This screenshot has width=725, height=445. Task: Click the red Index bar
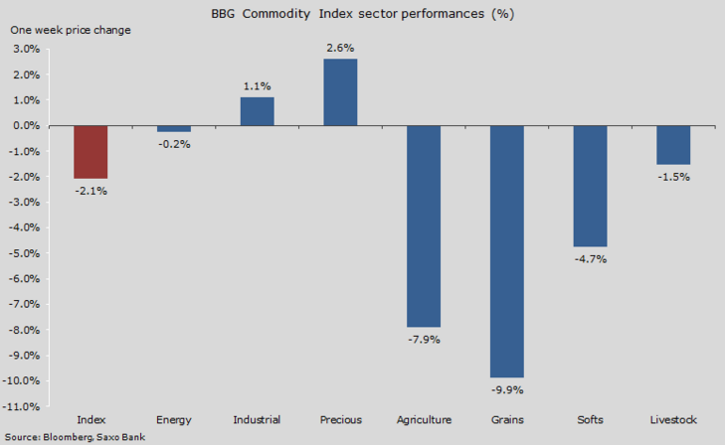[x=91, y=152]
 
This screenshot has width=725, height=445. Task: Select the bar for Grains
[x=507, y=251]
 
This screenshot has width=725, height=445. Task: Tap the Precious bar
[x=340, y=92]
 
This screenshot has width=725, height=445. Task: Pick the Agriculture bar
[x=424, y=226]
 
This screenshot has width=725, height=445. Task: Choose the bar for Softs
[x=590, y=186]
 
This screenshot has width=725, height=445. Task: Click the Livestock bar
[x=673, y=145]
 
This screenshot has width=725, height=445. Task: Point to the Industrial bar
[x=257, y=111]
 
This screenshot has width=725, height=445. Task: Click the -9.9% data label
[x=507, y=389]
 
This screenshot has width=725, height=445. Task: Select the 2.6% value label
[x=340, y=48]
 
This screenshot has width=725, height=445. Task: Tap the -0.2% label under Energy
[x=174, y=144]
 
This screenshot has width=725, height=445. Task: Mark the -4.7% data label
[x=590, y=259]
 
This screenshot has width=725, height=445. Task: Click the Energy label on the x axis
[x=174, y=420]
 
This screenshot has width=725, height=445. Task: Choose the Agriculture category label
[x=424, y=420]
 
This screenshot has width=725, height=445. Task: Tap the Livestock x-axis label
[x=673, y=420]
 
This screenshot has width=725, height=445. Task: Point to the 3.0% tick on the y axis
[x=25, y=50]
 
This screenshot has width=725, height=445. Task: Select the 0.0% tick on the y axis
[x=25, y=126]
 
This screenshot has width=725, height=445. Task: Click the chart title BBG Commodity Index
[x=363, y=15]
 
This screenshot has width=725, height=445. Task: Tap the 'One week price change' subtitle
[x=71, y=30]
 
